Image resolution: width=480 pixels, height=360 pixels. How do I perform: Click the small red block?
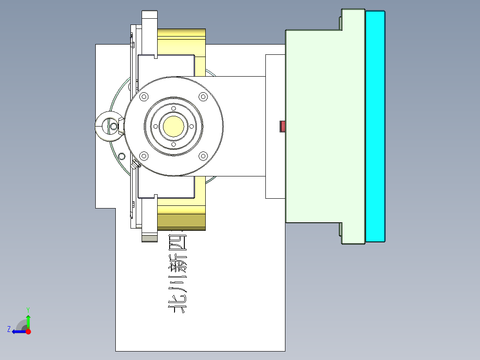coord(282,127)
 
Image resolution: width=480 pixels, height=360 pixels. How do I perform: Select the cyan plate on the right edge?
coord(375,126)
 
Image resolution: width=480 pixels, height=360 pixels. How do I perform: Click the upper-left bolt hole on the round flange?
coord(143,97)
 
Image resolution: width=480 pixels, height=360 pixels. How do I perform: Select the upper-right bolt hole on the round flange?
coord(203,97)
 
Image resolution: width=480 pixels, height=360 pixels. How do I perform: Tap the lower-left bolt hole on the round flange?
coord(143,156)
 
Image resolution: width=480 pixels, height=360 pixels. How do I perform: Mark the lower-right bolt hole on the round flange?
coord(203,156)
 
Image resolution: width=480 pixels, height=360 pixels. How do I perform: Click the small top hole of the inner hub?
coord(174,108)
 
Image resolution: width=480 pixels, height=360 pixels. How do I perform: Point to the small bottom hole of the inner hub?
coord(174,144)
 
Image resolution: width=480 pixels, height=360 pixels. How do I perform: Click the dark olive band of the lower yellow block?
coord(181,221)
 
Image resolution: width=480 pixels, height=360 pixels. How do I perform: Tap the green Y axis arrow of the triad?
coord(28,320)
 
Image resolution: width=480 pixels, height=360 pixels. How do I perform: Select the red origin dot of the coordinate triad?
coord(28,331)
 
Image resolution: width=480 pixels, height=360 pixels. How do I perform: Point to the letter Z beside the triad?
coord(9,329)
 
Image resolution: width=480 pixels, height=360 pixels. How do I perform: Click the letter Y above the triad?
coord(28,309)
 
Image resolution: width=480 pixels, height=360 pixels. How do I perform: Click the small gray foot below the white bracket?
coord(150,238)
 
